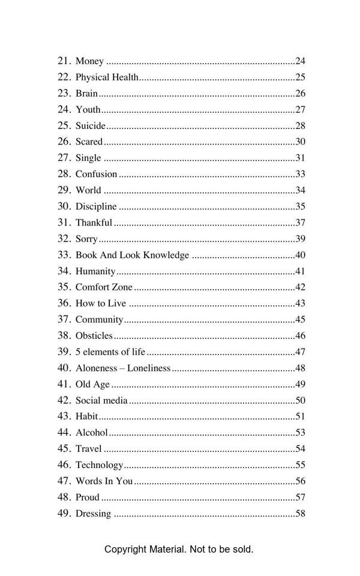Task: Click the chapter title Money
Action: coord(89,61)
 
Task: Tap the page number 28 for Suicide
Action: coord(301,126)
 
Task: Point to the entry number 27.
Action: coord(64,158)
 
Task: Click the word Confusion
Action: coord(96,174)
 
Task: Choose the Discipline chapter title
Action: coord(96,206)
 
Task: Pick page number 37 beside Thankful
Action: coord(301,223)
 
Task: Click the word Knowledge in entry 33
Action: coord(165,255)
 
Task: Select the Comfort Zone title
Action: coord(104,287)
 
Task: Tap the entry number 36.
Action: coord(64,304)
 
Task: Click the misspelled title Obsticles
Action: coord(94,336)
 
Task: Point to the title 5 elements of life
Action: coord(110,352)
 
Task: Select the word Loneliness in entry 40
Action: coord(149,368)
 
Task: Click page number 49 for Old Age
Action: coord(301,385)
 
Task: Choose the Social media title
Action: coord(101,401)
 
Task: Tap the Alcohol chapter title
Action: coord(91,433)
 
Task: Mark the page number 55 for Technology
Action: coord(301,465)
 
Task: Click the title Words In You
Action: coord(104,481)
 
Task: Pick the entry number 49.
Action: coord(64,514)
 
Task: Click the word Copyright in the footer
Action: coord(125,549)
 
